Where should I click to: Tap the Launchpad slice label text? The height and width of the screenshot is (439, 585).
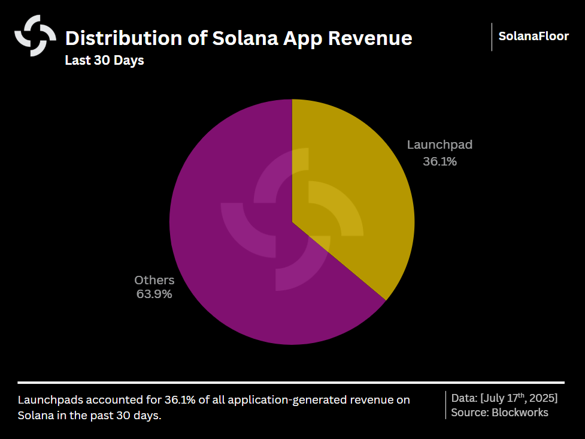pyautogui.click(x=439, y=145)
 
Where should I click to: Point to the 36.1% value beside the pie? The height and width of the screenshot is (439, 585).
pyautogui.click(x=439, y=161)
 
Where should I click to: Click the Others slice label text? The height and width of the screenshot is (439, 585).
pyautogui.click(x=154, y=280)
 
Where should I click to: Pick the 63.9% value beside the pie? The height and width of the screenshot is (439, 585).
pyautogui.click(x=154, y=294)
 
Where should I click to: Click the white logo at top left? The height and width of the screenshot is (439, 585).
pyautogui.click(x=35, y=36)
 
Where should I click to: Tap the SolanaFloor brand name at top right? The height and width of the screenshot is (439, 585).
pyautogui.click(x=534, y=37)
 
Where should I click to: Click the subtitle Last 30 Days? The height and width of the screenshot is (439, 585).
pyautogui.click(x=104, y=61)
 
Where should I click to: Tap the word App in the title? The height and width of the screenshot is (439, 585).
pyautogui.click(x=295, y=38)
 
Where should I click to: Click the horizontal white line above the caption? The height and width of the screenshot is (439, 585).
pyautogui.click(x=291, y=382)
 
